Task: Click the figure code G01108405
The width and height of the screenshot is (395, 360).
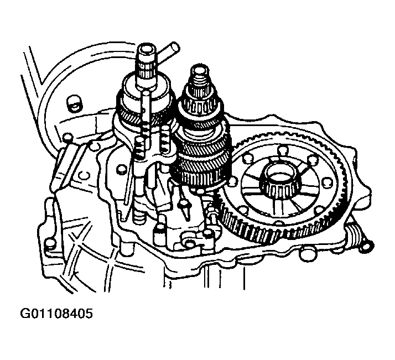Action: [56, 314]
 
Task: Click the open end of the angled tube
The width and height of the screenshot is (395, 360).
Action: [174, 48]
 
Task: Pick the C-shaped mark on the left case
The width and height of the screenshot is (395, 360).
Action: [84, 175]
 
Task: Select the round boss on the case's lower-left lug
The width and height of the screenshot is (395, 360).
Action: [50, 244]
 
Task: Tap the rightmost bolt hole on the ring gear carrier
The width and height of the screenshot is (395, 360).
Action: [328, 182]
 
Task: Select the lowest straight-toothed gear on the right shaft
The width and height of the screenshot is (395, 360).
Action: [201, 178]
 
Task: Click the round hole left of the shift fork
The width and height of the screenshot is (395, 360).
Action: [121, 169]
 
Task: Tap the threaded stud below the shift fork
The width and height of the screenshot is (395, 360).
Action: [139, 216]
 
